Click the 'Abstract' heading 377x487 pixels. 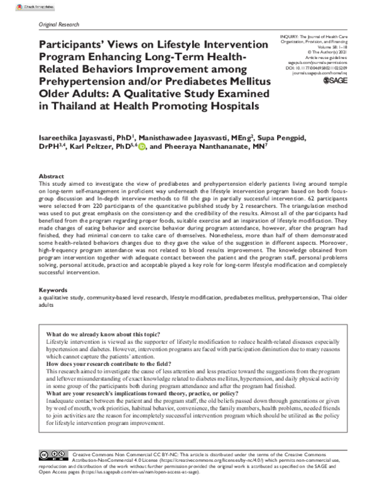pyautogui.click(x=52, y=176)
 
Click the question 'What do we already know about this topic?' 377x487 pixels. pyautogui.click(x=104, y=333)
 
